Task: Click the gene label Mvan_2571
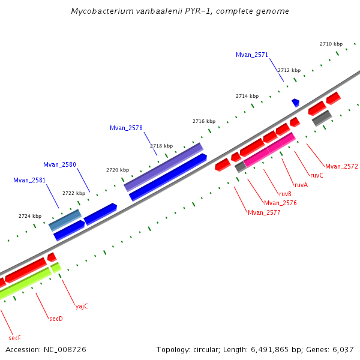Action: coord(252,55)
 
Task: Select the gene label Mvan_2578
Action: coord(126,128)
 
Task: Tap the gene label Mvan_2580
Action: coord(59,164)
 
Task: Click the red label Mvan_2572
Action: coord(341,166)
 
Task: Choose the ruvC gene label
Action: coord(316,175)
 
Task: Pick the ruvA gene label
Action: coord(301,185)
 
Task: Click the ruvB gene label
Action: coord(286,194)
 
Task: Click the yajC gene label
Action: coord(82,306)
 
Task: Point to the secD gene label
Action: coord(56,319)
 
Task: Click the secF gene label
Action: coord(15,338)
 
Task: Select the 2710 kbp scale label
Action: coord(331,44)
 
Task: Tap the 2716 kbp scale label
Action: coord(203,121)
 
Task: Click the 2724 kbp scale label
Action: coord(30,216)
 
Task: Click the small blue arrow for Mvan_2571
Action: coord(295,103)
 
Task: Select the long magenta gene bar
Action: coord(269,149)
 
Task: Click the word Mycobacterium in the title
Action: coord(100,11)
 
